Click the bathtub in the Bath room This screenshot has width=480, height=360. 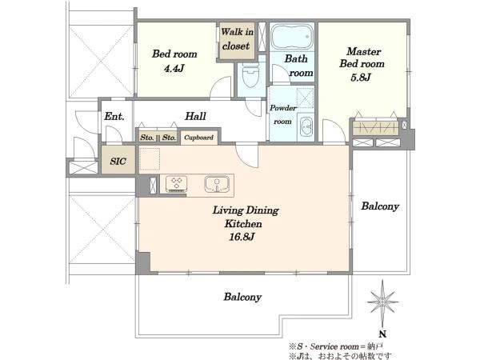click(292, 37)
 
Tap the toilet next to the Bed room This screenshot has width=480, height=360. click(250, 75)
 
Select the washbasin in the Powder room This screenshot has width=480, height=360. click(306, 126)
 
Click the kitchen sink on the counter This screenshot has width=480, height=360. click(217, 184)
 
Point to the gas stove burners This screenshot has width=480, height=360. click(177, 184)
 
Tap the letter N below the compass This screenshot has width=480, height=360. click(382, 334)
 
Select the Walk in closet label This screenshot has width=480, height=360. click(237, 39)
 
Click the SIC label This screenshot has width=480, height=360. click(118, 161)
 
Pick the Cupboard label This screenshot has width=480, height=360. click(198, 138)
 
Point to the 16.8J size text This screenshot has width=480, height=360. click(242, 237)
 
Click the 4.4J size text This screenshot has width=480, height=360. click(174, 68)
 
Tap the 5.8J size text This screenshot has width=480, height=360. click(361, 77)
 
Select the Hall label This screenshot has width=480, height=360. click(196, 116)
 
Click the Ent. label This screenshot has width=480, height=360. click(114, 116)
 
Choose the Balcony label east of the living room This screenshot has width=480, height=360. click(380, 206)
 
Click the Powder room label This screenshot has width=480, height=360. click(283, 114)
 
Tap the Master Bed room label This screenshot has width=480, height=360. click(362, 58)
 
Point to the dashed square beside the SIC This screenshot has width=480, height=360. click(150, 159)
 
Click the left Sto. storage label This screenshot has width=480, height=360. click(147, 138)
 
